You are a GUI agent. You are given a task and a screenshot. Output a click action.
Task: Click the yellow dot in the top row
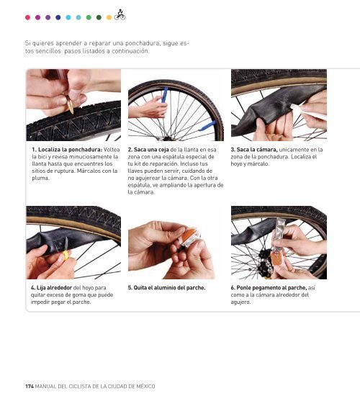click(109, 17)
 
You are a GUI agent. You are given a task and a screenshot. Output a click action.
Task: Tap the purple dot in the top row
click(48, 17)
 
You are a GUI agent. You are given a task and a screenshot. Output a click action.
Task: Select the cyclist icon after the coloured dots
click(120, 15)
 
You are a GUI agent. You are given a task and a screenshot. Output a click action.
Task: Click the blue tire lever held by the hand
click(164, 94)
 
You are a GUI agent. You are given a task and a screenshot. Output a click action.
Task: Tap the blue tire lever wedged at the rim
click(207, 126)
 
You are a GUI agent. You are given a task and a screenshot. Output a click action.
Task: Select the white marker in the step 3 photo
click(307, 112)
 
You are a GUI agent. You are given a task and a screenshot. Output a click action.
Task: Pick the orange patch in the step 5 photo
click(189, 235)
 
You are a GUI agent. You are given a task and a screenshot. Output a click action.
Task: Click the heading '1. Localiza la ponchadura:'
click(67, 150)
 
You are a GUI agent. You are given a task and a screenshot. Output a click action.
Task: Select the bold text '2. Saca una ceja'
click(148, 150)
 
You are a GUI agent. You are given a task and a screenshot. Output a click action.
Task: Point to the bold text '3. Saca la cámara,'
click(254, 150)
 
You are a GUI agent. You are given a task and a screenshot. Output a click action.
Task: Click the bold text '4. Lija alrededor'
click(51, 288)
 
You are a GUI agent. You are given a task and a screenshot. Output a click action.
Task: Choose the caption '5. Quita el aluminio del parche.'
click(167, 288)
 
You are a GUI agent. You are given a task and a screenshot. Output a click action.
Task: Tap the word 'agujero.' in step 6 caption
click(241, 302)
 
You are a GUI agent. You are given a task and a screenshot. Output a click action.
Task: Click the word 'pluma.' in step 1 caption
click(40, 178)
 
